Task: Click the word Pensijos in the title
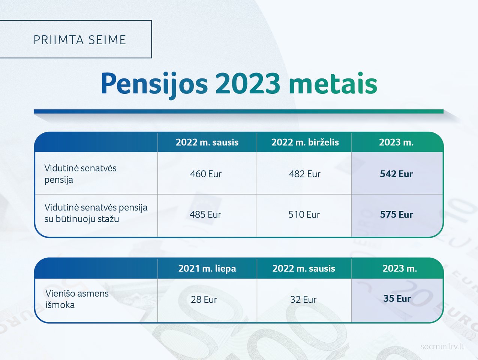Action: (x=154, y=85)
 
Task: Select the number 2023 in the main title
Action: (x=248, y=83)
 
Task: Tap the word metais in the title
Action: (x=333, y=83)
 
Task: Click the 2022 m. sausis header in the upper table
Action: (x=207, y=142)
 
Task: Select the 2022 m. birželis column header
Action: (x=305, y=142)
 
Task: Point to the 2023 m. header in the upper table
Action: (x=396, y=142)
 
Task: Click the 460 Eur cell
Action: (x=206, y=174)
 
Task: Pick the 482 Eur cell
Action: (x=305, y=174)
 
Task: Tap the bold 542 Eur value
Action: (x=396, y=174)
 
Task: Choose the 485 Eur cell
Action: (x=205, y=214)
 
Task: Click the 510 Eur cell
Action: (x=304, y=214)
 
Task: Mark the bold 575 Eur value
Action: (x=396, y=214)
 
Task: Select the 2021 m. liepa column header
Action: (x=207, y=268)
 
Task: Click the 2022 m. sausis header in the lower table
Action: (x=304, y=268)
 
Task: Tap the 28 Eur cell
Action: (x=204, y=300)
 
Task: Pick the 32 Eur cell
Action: (x=303, y=300)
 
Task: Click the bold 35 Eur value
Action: (x=397, y=298)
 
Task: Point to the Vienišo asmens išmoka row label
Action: (x=77, y=299)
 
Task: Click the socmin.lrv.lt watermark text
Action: (x=442, y=346)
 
